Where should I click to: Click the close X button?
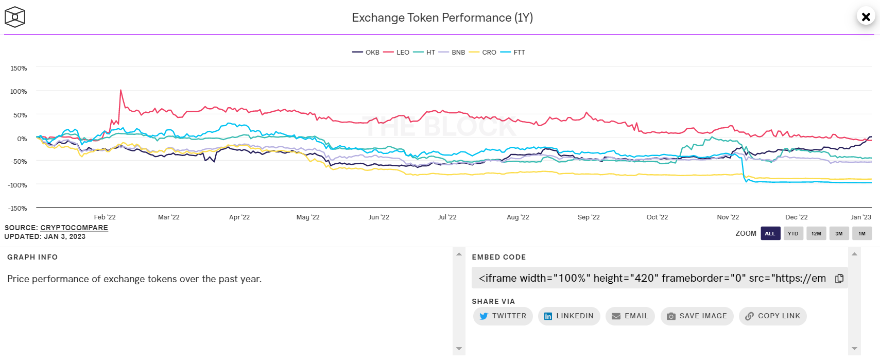(866, 17)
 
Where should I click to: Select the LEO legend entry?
(396, 52)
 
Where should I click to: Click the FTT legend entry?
(513, 52)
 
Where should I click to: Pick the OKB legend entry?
(366, 52)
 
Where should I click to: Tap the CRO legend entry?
(482, 52)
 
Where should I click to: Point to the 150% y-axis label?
(19, 68)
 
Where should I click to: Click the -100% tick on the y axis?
(18, 185)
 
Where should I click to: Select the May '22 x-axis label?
(308, 217)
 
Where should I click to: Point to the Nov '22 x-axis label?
(728, 217)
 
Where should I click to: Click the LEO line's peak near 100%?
(120, 91)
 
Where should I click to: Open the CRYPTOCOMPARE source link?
(74, 228)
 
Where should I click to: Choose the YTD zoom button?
(793, 233)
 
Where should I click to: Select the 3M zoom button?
(839, 233)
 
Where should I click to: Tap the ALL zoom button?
(770, 233)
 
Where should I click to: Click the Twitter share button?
(503, 316)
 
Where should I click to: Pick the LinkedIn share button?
(569, 316)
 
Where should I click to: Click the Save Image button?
(697, 316)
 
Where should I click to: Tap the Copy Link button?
(773, 316)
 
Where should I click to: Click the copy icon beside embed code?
(839, 279)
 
